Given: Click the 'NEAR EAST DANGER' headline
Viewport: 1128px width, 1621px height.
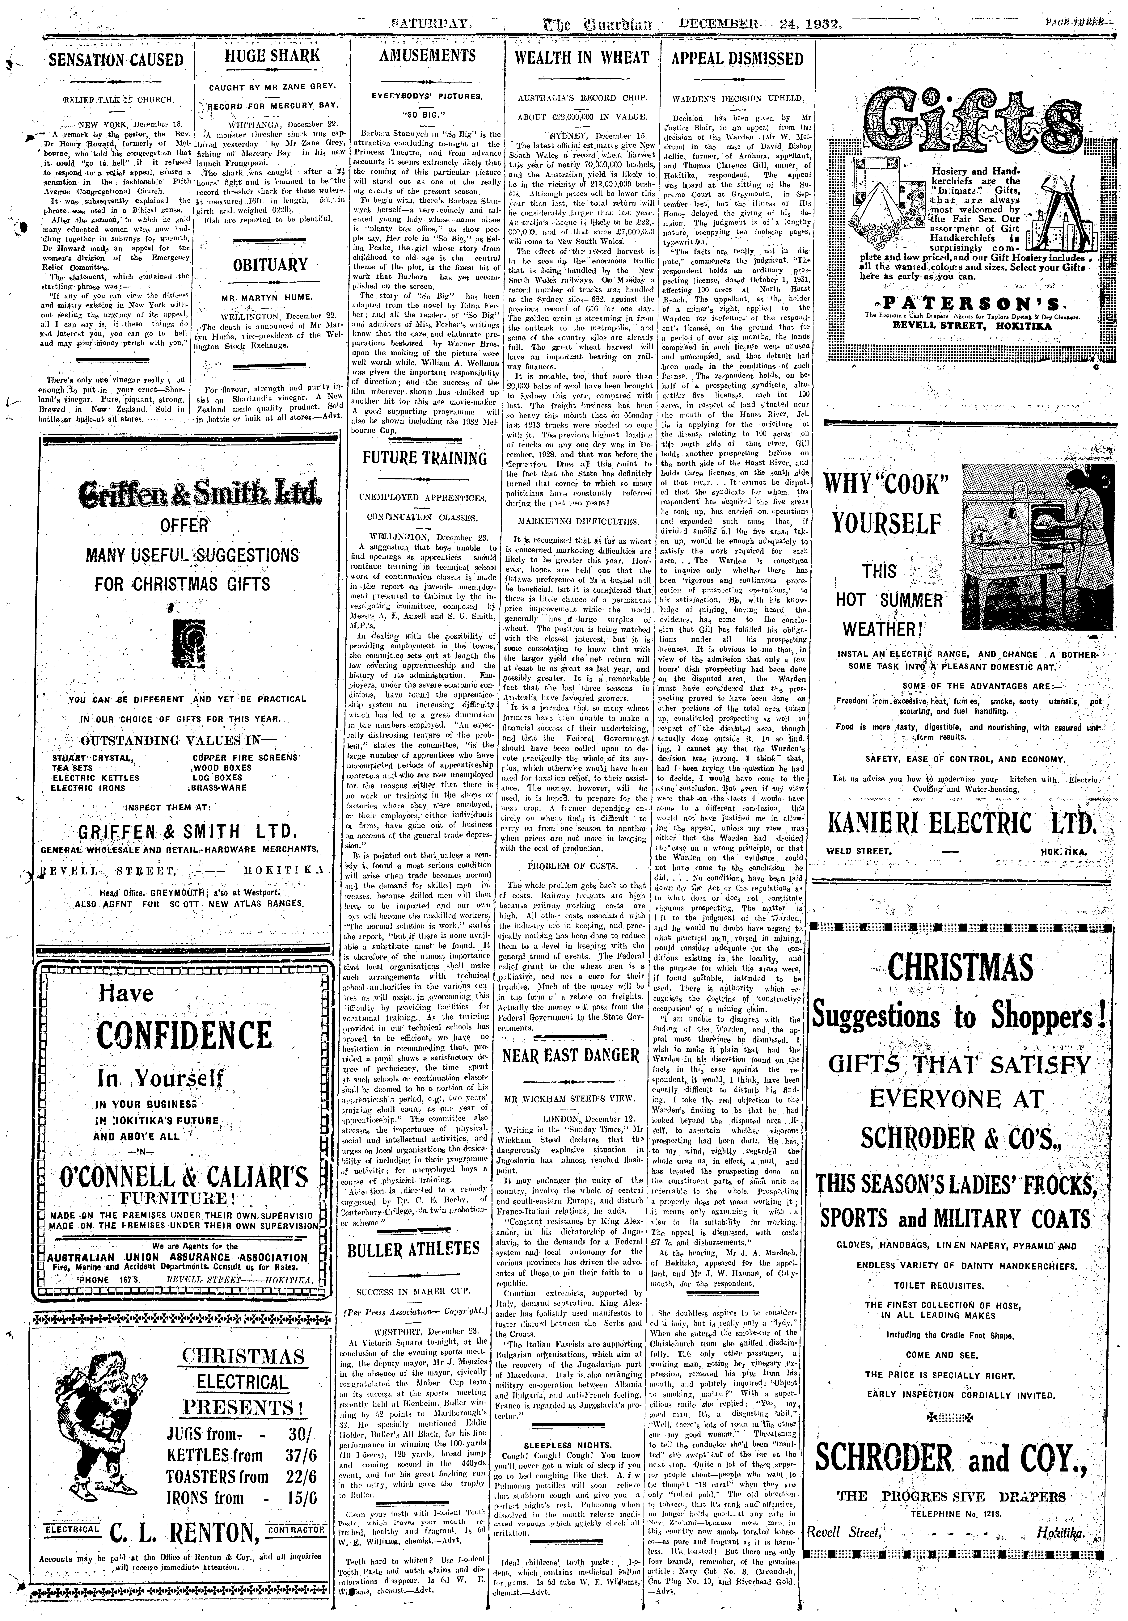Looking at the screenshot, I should pos(571,1055).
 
